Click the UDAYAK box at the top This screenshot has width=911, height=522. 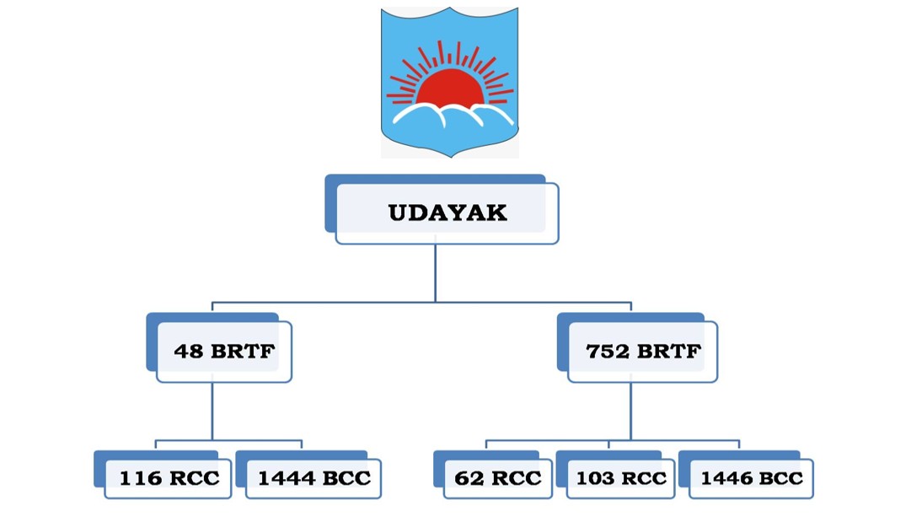[447, 213]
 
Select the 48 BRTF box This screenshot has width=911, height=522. [223, 351]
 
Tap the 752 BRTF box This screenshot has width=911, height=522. [643, 351]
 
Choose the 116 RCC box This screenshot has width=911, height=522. [168, 478]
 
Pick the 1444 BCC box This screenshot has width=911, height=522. [313, 478]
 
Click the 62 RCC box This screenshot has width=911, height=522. [497, 478]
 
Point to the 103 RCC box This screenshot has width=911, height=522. [620, 478]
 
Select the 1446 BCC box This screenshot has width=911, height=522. [751, 478]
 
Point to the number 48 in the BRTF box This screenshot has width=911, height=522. [189, 352]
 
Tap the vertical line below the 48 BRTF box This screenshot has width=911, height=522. [212, 411]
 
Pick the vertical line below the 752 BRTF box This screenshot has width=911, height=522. [630, 411]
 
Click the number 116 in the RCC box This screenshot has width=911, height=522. [139, 479]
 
